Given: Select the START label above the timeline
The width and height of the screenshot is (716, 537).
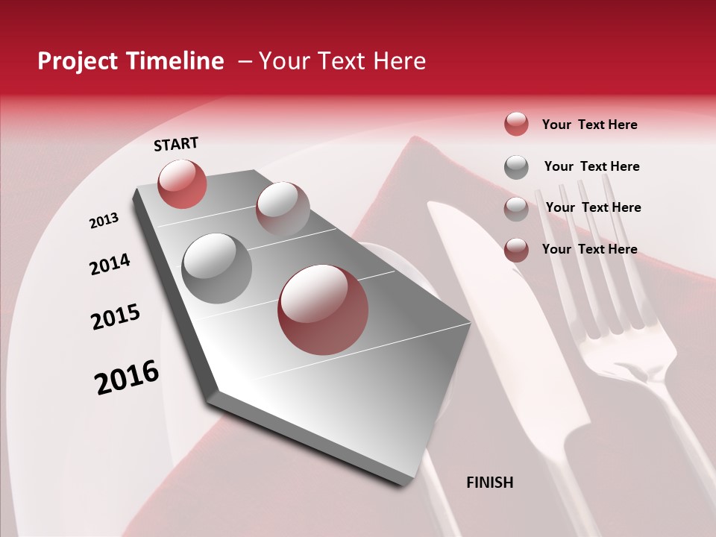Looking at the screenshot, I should tap(176, 144).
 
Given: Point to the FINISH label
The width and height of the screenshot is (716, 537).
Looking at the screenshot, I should tap(489, 483).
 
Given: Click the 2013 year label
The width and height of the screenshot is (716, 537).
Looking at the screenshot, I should tap(104, 220).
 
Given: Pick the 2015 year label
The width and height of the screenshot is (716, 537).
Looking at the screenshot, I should tap(116, 317).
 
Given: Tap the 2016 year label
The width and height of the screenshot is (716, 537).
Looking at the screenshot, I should tap(127, 377).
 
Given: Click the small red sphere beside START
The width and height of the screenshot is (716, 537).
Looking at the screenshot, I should tap(182, 183).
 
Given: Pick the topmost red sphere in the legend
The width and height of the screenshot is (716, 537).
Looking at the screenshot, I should tap(516, 124).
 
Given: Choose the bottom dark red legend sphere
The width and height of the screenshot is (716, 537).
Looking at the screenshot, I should tap(516, 249).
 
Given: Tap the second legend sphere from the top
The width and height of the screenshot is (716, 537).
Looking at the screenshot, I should tap(516, 166).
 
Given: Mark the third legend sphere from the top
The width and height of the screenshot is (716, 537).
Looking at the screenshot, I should tap(516, 208).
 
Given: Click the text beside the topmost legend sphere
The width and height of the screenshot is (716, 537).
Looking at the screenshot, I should tap(589, 125).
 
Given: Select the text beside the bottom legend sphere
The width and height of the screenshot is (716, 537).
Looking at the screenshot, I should tap(589, 249).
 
